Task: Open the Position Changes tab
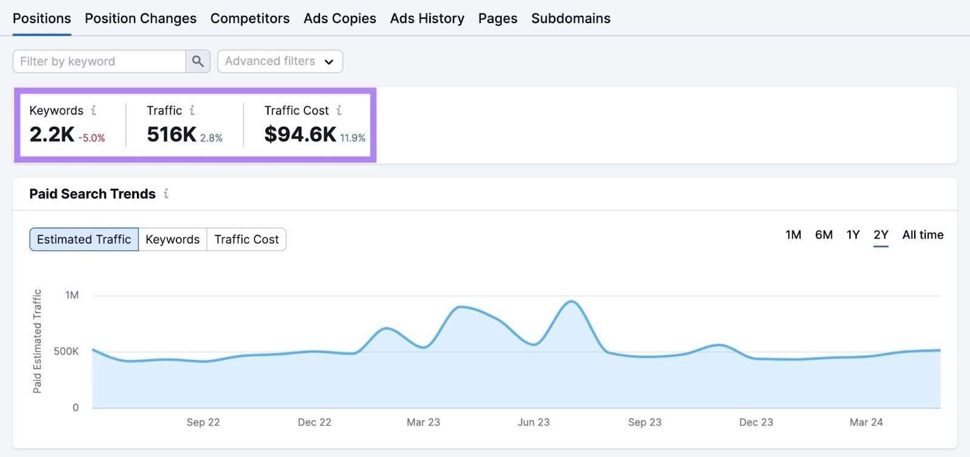(x=141, y=19)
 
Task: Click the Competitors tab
(x=250, y=19)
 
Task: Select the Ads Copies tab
(x=339, y=19)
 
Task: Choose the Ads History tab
(x=427, y=19)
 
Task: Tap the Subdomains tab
(x=570, y=19)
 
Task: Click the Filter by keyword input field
(x=99, y=61)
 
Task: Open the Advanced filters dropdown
(x=279, y=61)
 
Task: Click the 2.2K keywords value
(x=52, y=135)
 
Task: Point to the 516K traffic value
(x=172, y=135)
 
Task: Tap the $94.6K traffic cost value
(x=300, y=135)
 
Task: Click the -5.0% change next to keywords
(x=92, y=138)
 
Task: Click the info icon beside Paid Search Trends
(x=166, y=194)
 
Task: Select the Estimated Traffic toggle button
(x=84, y=240)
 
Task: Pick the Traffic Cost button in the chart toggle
(x=246, y=240)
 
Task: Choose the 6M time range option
(x=823, y=235)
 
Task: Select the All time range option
(x=922, y=235)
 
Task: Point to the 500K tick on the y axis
(x=66, y=351)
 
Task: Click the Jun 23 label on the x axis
(x=533, y=422)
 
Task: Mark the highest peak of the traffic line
(x=571, y=301)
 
